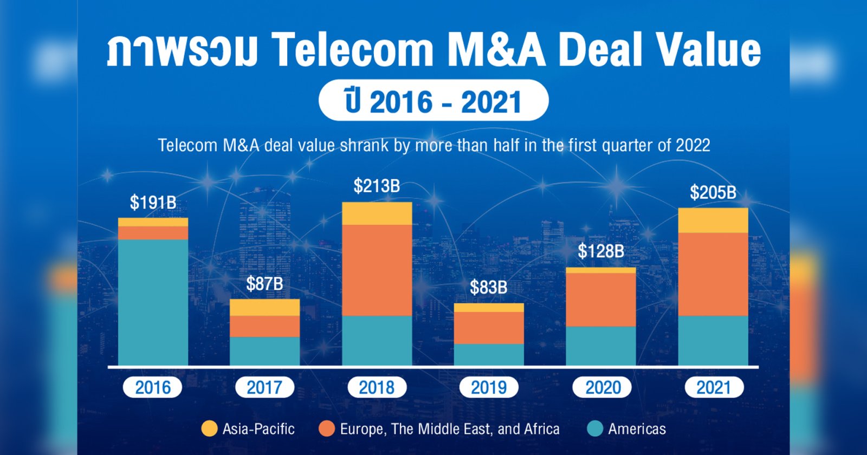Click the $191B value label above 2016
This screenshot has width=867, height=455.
point(153,203)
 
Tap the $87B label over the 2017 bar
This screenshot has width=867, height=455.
point(264,284)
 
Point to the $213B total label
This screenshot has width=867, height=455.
point(377,186)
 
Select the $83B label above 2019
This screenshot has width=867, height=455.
point(488,288)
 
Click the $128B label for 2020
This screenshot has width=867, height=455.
point(600,251)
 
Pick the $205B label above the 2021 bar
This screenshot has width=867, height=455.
point(713,193)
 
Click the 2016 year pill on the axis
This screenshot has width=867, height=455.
point(152,387)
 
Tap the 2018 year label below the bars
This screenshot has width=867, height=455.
point(377,387)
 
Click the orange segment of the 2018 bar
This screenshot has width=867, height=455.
point(377,270)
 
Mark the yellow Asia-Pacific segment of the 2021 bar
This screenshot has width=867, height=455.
point(713,220)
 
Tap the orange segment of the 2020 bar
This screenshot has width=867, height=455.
point(600,300)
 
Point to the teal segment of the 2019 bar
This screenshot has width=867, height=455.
point(488,355)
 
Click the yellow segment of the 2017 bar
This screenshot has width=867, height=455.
point(264,307)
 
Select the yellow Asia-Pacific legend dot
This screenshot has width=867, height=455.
point(209,429)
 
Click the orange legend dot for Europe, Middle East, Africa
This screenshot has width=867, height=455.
point(327,429)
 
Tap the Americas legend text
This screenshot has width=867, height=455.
point(637,429)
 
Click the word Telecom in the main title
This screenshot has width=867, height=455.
point(353,50)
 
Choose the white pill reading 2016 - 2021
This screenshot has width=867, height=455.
point(433,101)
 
